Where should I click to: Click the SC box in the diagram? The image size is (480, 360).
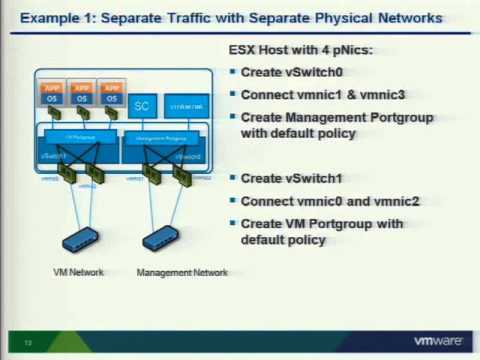(x=142, y=104)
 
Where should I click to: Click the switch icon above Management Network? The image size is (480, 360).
(x=163, y=241)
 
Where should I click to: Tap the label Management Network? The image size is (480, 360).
(x=182, y=272)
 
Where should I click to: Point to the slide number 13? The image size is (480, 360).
(x=28, y=343)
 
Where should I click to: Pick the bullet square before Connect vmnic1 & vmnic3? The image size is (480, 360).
(x=233, y=96)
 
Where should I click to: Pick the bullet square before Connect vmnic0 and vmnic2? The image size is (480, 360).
(x=233, y=201)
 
